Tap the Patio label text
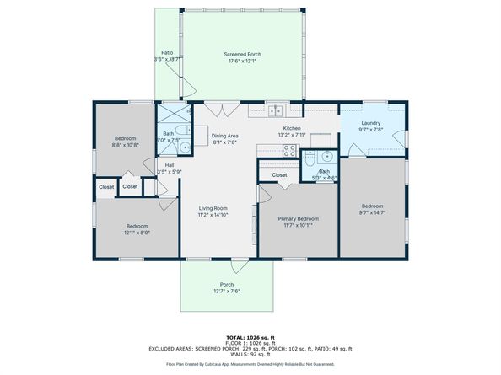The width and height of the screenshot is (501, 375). [x=167, y=52]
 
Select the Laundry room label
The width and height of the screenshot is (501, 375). [x=371, y=123]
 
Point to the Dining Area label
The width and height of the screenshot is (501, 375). [x=224, y=136]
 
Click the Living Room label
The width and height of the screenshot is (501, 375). [x=213, y=207]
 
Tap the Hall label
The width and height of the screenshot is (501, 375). [x=170, y=164]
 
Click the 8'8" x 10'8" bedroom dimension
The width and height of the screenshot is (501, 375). [x=126, y=145]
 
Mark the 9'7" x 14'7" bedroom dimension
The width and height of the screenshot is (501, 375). [x=372, y=213]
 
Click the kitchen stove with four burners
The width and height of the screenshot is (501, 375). [x=289, y=152]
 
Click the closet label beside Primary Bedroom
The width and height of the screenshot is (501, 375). [x=279, y=175]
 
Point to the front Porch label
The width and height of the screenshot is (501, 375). [x=226, y=284]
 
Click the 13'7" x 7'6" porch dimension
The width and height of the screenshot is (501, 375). [x=226, y=292]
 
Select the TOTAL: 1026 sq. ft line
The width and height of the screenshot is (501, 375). [x=250, y=337]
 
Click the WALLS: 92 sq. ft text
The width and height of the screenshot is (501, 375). [x=250, y=354]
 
